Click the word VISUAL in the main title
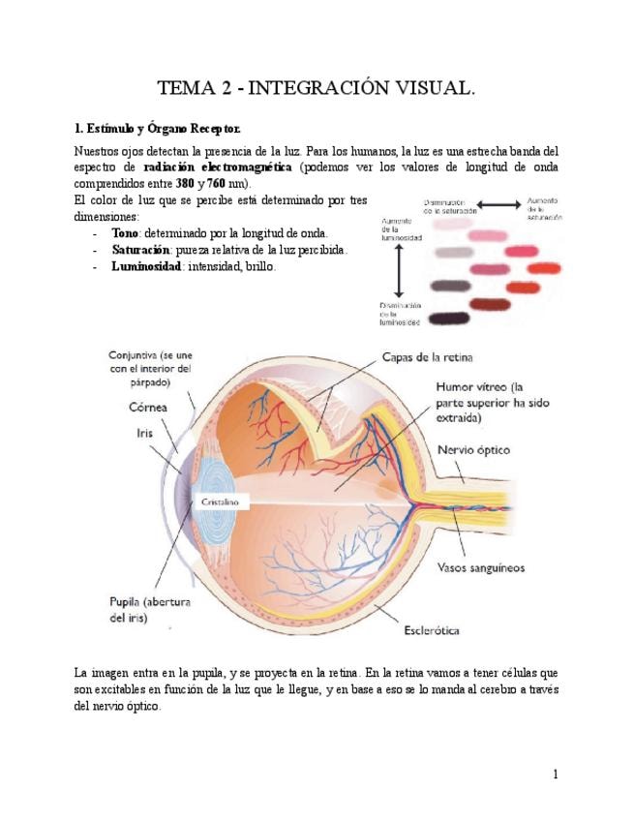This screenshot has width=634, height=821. pyautogui.click(x=429, y=90)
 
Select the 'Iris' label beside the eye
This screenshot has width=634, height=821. pyautogui.click(x=142, y=433)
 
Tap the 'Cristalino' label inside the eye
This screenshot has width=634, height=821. pyautogui.click(x=222, y=503)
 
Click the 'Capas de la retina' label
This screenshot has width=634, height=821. pyautogui.click(x=422, y=357)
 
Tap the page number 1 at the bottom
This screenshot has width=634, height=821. pyautogui.click(x=556, y=774)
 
